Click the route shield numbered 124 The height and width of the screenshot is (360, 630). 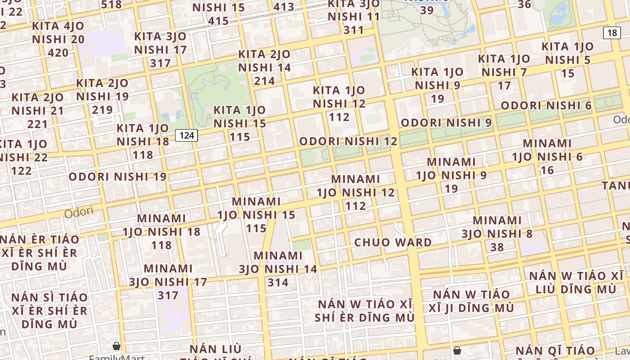click(186, 135)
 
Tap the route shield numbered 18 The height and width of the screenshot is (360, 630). click(612, 33)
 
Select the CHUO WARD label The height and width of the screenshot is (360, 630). click(393, 242)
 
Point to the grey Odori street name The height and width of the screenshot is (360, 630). click(79, 212)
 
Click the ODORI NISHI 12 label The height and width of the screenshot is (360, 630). click(348, 141)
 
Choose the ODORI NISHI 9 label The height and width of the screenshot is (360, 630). click(446, 122)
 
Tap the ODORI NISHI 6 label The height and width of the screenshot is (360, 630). click(546, 106)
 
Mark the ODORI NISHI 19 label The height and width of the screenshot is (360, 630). click(117, 176)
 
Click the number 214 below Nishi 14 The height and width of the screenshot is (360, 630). click(264, 81)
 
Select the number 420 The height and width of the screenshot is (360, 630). click(58, 53)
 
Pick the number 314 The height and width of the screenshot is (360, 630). click(278, 283)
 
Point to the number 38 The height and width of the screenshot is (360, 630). click(497, 247)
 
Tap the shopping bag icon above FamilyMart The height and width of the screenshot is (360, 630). click(117, 346)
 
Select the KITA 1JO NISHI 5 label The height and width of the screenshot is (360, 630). click(567, 59)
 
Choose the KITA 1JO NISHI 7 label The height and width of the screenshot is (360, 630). click(504, 72)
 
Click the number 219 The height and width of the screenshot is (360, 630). click(102, 110)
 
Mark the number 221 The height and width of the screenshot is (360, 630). click(37, 124)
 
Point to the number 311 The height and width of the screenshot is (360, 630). click(354, 30)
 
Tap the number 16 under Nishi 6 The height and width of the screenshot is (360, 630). click(547, 170)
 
